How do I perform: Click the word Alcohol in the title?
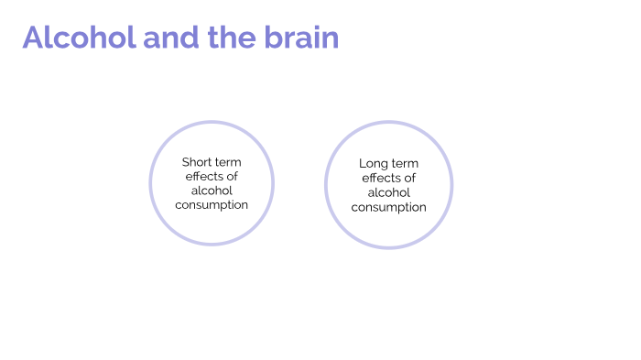pos(79,38)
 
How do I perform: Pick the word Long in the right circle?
pos(374,164)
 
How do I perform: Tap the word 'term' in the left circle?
pos(229,162)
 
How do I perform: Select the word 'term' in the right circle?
pos(404,164)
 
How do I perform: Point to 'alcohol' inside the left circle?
pos(212,191)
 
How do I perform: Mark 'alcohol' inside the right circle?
pos(388,193)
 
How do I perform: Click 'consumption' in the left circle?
pos(212,205)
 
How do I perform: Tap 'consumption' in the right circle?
pos(388,208)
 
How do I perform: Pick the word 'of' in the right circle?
pos(410,179)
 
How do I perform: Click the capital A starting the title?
pos(34,38)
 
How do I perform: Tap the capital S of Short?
pos(185,162)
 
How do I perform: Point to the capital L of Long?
pos(363,164)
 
